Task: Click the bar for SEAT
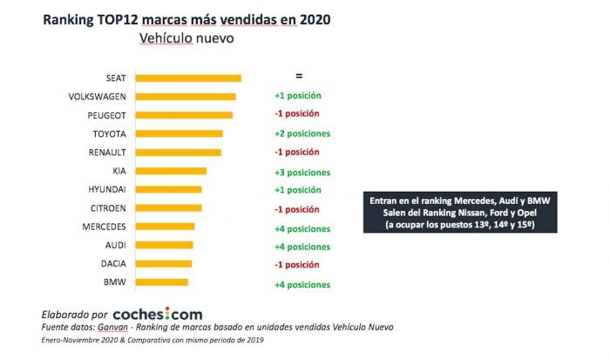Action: (x=187, y=78)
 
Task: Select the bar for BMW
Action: (x=162, y=282)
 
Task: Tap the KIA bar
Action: (x=171, y=171)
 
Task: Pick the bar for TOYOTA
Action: (x=179, y=133)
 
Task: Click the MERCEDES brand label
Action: (x=105, y=227)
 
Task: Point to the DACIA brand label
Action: (x=112, y=264)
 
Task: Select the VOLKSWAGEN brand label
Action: (x=97, y=97)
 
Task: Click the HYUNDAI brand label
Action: (x=107, y=189)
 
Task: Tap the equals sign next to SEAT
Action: (x=299, y=77)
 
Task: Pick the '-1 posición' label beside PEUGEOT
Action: (x=296, y=115)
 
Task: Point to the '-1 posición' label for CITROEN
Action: (x=296, y=209)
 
